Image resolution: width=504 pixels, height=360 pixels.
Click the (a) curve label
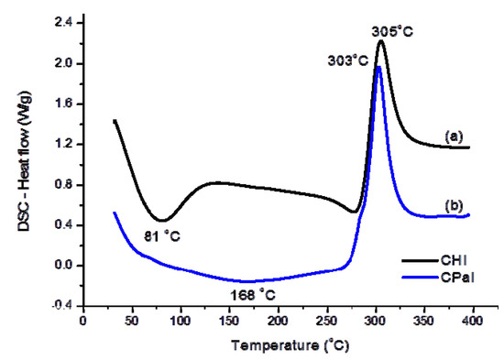click(452, 136)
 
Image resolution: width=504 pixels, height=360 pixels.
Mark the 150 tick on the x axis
click(229, 321)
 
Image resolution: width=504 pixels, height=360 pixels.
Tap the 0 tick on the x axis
click(83, 321)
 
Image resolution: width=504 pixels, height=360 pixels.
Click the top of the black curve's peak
click(380, 41)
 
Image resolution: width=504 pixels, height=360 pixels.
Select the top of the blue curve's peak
click(378, 66)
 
